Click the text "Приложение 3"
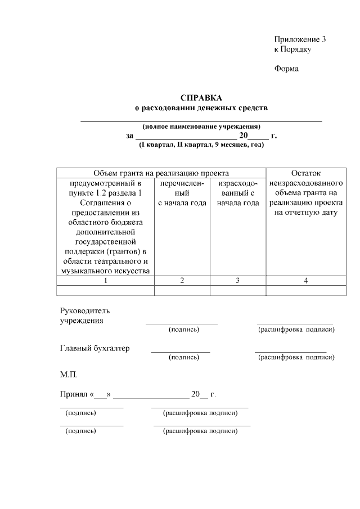coord(300,39)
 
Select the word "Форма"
coord(286,69)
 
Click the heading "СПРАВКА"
coord(201,97)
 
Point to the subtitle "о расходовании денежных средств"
coord(201,107)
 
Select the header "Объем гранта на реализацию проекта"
coord(161,173)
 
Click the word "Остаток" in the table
coord(305,173)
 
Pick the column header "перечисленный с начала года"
coord(182,193)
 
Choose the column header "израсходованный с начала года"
coord(237,193)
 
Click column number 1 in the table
coord(105,281)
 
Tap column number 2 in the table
coord(182,281)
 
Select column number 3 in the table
coord(237,281)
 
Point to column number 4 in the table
coord(305,281)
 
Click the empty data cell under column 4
coord(305,290)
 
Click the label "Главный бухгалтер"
coord(94,348)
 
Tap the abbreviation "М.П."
coord(69,374)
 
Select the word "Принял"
coord(73,394)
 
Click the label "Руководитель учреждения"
coord(85,316)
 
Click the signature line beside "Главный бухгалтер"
coord(180,352)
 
